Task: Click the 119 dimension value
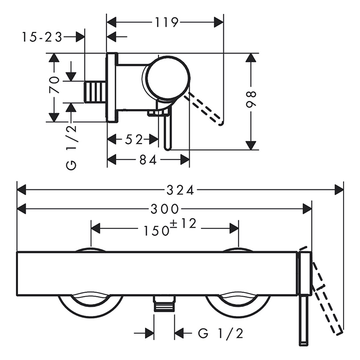(x=167, y=22)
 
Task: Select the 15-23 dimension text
(x=42, y=37)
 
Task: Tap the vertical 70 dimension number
(x=55, y=85)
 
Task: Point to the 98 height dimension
(x=251, y=99)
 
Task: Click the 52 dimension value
(x=134, y=139)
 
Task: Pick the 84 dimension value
(x=148, y=160)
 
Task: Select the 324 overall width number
(x=180, y=190)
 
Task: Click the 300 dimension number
(x=165, y=209)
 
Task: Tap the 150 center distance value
(x=156, y=230)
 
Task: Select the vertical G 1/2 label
(x=71, y=148)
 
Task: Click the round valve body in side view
(x=168, y=78)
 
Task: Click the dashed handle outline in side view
(x=204, y=108)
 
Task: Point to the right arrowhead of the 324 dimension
(x=339, y=190)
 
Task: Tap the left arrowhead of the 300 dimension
(x=22, y=209)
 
